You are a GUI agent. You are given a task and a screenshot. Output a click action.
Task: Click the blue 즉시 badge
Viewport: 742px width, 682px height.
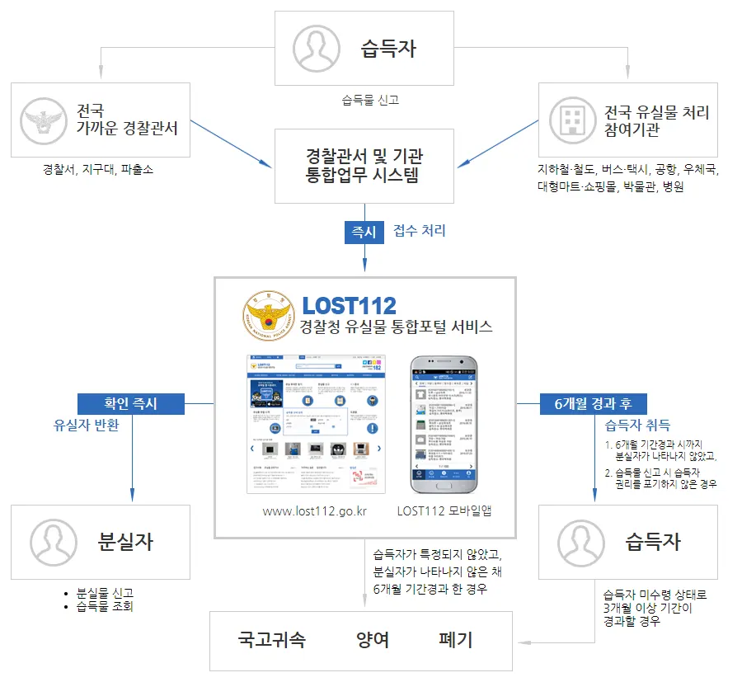tap(364, 232)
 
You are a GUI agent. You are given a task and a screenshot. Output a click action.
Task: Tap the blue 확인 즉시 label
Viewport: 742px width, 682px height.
tap(130, 403)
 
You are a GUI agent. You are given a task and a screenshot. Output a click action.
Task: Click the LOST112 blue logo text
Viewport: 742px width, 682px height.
tap(349, 305)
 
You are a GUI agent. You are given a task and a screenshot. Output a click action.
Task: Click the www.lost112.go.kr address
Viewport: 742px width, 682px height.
tap(314, 511)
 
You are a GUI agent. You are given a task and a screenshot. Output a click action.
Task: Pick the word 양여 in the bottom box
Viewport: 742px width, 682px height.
tap(373, 640)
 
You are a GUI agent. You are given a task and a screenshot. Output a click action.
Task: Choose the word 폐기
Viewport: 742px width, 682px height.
tap(456, 640)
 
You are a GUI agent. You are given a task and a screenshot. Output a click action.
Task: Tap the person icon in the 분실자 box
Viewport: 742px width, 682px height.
tap(54, 542)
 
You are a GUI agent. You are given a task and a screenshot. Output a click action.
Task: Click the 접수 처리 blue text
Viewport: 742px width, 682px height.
tap(420, 231)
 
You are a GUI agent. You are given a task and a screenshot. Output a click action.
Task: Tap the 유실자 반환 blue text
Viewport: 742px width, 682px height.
tap(87, 426)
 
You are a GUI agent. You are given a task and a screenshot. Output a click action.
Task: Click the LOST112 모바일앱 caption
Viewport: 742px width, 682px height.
tap(444, 511)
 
